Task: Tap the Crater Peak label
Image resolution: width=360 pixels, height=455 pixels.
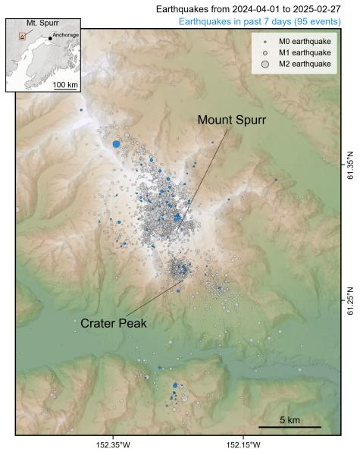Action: tap(113, 323)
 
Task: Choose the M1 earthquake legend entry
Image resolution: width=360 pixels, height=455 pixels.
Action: tap(299, 52)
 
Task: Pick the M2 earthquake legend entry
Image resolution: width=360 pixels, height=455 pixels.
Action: tap(299, 64)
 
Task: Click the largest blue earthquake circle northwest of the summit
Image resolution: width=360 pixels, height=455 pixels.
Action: tap(116, 143)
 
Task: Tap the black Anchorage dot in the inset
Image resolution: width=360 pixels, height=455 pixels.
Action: tap(50, 39)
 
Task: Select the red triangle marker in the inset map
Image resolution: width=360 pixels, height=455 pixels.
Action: tap(22, 36)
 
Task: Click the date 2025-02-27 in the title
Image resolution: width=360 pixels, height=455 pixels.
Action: tap(313, 8)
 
